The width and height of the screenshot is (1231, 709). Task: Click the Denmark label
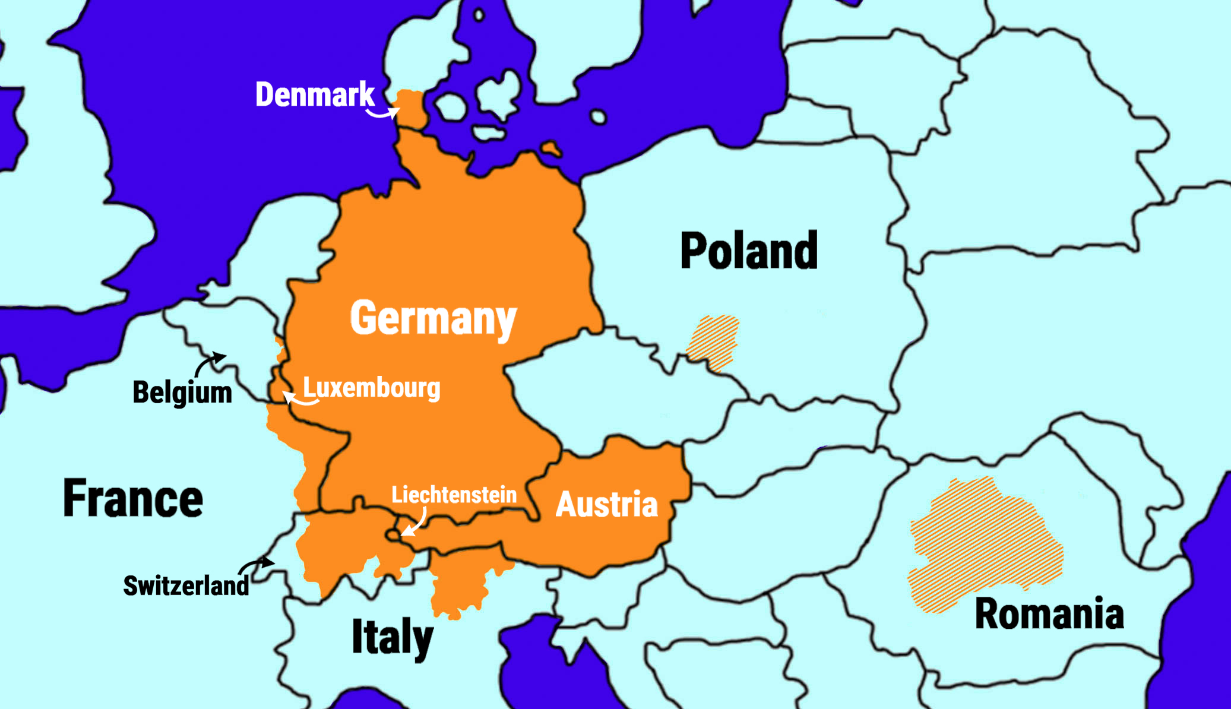point(315,94)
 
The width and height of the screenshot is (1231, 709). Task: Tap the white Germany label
point(433,318)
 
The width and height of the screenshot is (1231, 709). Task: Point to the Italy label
point(393,637)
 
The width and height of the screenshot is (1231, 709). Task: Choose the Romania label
point(1049,613)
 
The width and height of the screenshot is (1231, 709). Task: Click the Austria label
point(606,504)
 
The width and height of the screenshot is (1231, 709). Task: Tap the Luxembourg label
point(372,388)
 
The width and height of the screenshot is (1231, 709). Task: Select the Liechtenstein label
point(454,495)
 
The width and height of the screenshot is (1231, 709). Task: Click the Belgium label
point(182,393)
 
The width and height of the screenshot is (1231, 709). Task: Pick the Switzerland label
point(186,585)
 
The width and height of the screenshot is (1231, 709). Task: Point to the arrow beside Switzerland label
point(257,564)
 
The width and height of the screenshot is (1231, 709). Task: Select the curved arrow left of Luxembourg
point(299,399)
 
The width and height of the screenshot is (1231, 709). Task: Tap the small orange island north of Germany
point(551,148)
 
